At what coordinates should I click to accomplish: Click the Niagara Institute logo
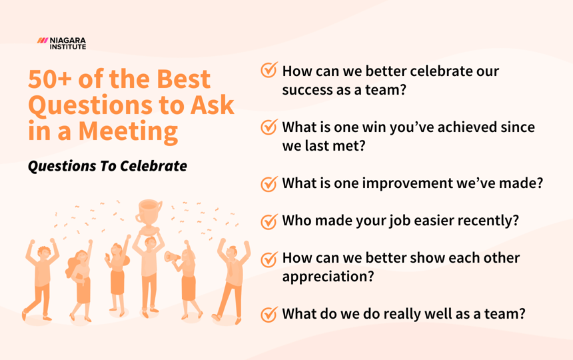pyautogui.click(x=62, y=43)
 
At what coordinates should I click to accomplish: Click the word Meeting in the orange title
pyautogui.click(x=129, y=130)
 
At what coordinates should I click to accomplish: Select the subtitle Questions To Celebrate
pyautogui.click(x=107, y=166)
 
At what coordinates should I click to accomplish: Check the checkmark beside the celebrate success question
pyautogui.click(x=269, y=71)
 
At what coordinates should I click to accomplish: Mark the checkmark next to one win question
pyautogui.click(x=269, y=127)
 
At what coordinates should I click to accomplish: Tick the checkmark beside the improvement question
pyautogui.click(x=269, y=183)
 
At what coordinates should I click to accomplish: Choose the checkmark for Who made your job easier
pyautogui.click(x=269, y=221)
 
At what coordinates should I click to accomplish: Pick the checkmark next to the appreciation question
pyautogui.click(x=269, y=258)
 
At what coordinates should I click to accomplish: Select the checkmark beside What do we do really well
pyautogui.click(x=269, y=313)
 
